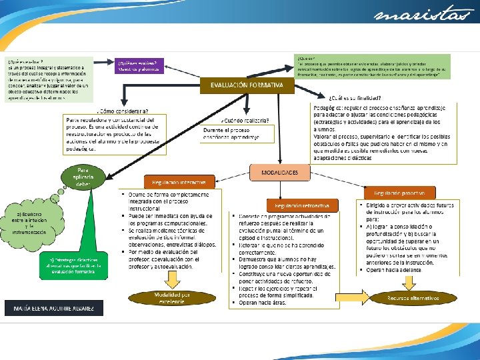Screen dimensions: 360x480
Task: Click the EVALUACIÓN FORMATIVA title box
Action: (247, 85)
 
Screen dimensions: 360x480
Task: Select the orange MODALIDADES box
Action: (280, 173)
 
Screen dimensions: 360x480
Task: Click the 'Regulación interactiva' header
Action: (179, 182)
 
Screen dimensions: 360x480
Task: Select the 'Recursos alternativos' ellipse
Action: (413, 298)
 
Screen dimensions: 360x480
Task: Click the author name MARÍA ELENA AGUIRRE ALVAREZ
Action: (55, 309)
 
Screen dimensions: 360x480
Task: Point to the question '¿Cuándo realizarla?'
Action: (247, 121)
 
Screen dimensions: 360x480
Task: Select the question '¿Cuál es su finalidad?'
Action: (357, 98)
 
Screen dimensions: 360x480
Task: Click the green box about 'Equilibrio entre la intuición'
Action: (30, 223)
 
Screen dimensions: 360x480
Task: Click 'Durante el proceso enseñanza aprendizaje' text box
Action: (237, 133)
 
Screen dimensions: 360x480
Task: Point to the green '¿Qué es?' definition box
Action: (373, 68)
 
